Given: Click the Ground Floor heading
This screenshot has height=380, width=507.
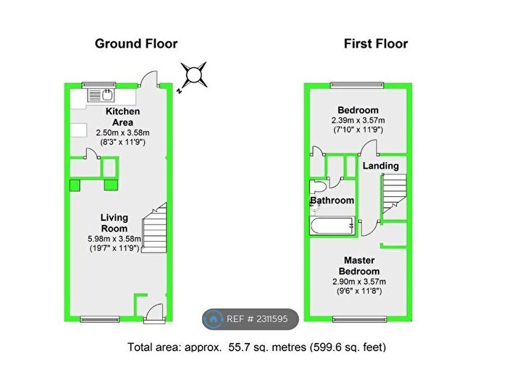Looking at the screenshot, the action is [x=136, y=43].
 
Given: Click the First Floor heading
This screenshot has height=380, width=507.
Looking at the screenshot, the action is [x=376, y=43].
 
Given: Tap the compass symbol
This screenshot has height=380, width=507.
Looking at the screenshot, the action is [x=193, y=75].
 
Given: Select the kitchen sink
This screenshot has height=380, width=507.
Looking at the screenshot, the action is [x=101, y=95].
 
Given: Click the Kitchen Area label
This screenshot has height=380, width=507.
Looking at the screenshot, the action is [x=122, y=117].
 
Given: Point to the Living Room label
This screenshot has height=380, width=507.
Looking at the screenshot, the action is [x=114, y=223].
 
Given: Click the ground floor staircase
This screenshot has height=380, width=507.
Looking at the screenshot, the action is [x=154, y=227].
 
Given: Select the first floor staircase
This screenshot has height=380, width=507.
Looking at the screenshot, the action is [x=394, y=193].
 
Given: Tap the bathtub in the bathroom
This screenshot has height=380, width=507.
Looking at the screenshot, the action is [x=332, y=226].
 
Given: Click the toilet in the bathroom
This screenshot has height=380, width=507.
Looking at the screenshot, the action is [x=318, y=187].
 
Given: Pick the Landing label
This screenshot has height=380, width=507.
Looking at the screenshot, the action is [x=380, y=166].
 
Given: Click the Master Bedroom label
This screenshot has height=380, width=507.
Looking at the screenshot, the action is [x=359, y=266].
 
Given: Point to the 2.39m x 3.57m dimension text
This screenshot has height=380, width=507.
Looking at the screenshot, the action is [x=358, y=121].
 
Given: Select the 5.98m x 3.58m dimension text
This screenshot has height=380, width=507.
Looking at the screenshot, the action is [x=114, y=239].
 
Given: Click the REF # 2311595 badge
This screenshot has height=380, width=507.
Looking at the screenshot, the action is [x=251, y=319].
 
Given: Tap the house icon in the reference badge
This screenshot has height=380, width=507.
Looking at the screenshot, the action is [x=213, y=319].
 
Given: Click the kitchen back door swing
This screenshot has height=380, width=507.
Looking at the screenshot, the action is [x=148, y=79].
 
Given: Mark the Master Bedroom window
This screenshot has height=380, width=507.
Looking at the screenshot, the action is [x=359, y=319].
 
